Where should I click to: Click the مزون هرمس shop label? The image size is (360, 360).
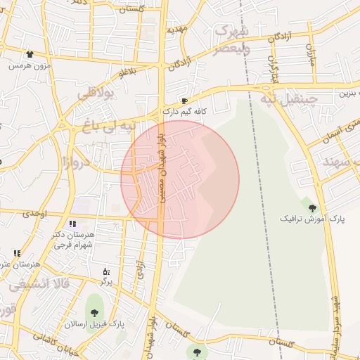(29, 65)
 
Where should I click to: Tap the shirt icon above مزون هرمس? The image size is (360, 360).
(30, 53)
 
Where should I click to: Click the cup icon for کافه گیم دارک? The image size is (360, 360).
(184, 101)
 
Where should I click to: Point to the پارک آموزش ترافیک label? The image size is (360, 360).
(314, 219)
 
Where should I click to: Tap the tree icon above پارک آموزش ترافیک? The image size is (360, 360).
(313, 207)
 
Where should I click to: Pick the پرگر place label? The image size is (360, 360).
(106, 281)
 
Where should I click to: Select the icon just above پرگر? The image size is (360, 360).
(106, 271)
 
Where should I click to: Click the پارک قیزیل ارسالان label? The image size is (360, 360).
(94, 324)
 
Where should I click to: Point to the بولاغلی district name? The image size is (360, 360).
(94, 94)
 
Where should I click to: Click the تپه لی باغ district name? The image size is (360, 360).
(105, 127)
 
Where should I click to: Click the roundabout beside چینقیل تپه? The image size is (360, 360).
(269, 89)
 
